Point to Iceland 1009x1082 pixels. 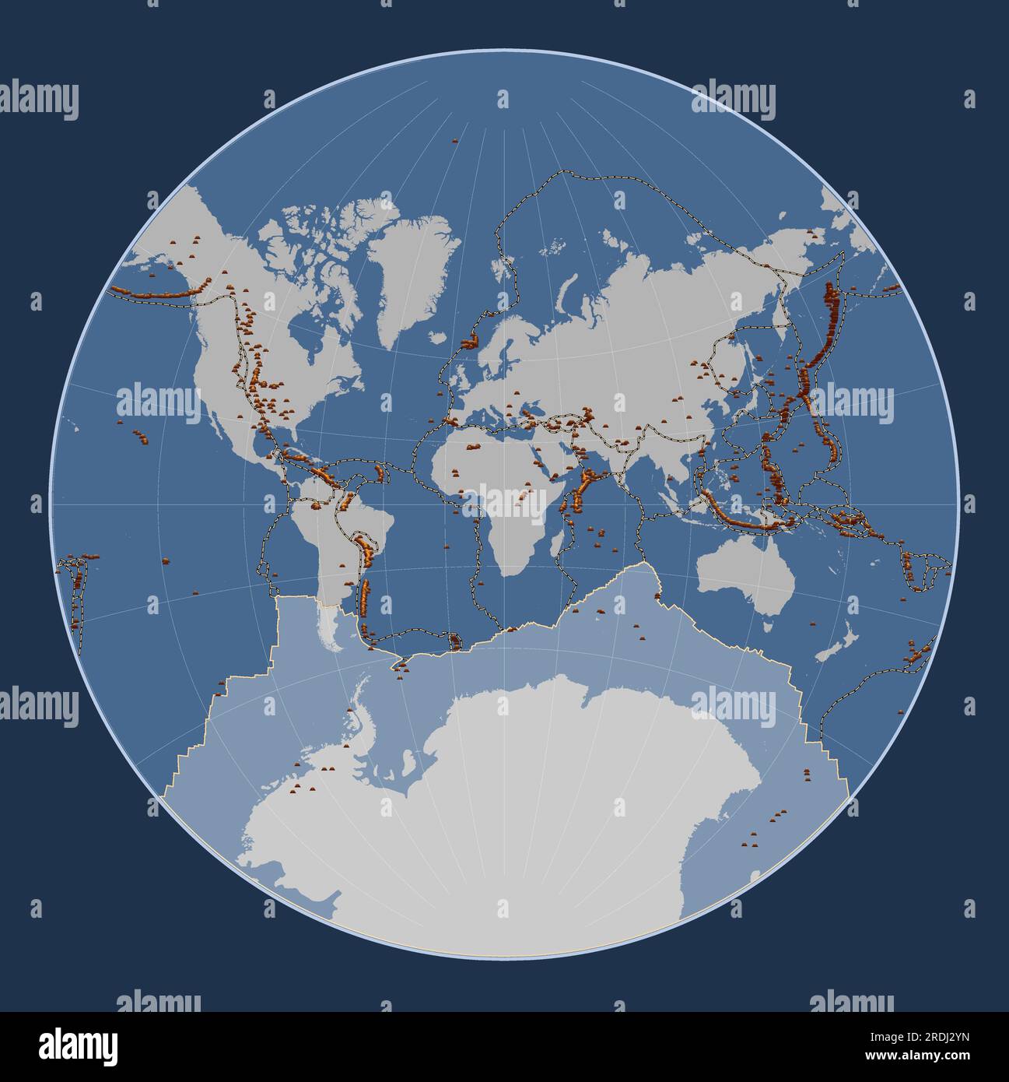[x=470, y=341]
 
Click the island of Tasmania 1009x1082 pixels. [x=768, y=625]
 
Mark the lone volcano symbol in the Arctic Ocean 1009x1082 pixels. [x=455, y=141]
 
